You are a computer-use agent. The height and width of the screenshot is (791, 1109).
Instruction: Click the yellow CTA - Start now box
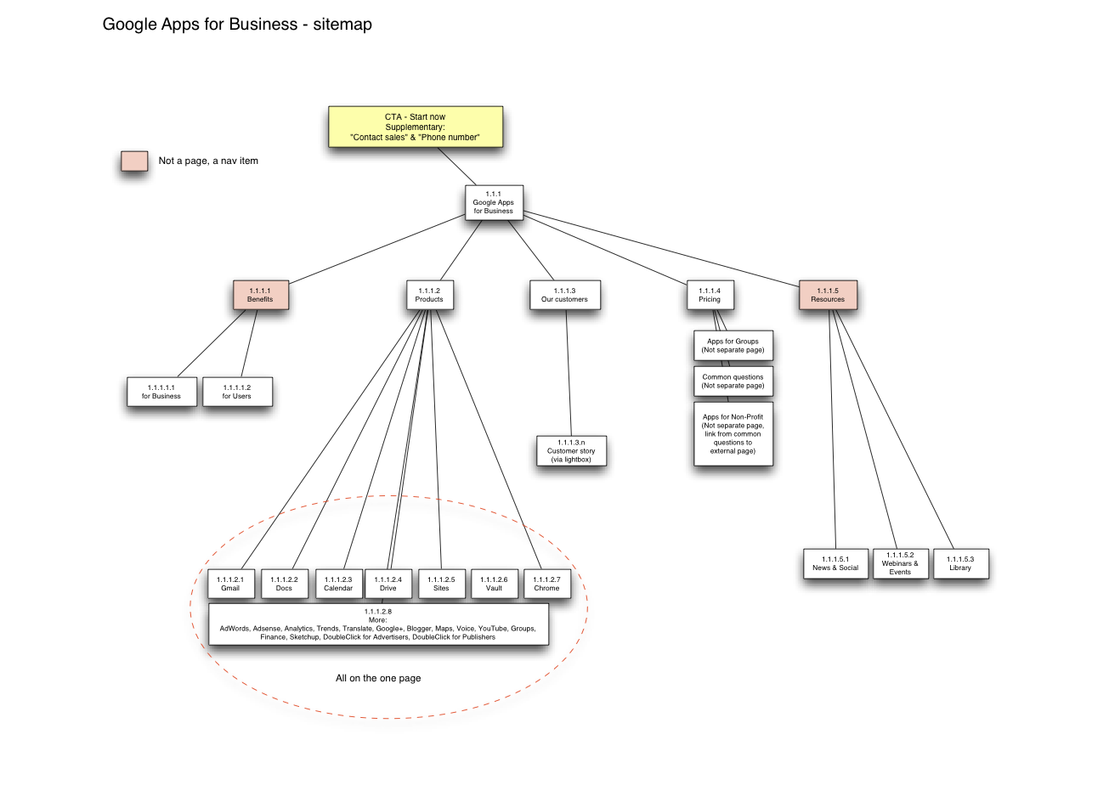416,127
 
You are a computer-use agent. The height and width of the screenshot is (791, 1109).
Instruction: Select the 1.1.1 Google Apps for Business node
494,202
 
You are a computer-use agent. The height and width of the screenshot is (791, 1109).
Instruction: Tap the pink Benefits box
261,295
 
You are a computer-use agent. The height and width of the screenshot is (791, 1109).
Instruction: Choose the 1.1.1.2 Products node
429,295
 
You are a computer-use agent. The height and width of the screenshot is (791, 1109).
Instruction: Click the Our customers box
564,295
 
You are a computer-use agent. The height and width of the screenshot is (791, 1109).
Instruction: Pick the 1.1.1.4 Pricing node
710,295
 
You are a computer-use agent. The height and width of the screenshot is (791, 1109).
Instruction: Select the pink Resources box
828,295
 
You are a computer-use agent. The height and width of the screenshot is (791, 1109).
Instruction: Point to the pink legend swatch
134,161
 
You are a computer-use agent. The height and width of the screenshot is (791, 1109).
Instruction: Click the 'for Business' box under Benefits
161,392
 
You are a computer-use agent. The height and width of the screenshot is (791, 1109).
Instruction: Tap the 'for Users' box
237,392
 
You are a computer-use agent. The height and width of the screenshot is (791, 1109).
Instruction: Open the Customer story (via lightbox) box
571,451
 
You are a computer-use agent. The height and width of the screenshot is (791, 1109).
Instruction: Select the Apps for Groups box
733,346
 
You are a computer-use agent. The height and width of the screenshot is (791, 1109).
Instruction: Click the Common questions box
733,381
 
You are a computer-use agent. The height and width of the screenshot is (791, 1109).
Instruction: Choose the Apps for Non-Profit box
733,434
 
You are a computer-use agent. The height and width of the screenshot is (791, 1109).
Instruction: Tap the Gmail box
230,584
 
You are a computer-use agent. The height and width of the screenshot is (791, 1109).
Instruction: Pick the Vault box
494,584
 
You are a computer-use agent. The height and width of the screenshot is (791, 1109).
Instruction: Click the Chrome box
546,584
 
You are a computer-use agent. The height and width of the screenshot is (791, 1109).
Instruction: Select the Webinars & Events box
900,564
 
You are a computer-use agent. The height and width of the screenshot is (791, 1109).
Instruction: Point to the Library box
960,564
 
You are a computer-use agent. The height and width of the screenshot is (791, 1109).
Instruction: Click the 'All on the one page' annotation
378,678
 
